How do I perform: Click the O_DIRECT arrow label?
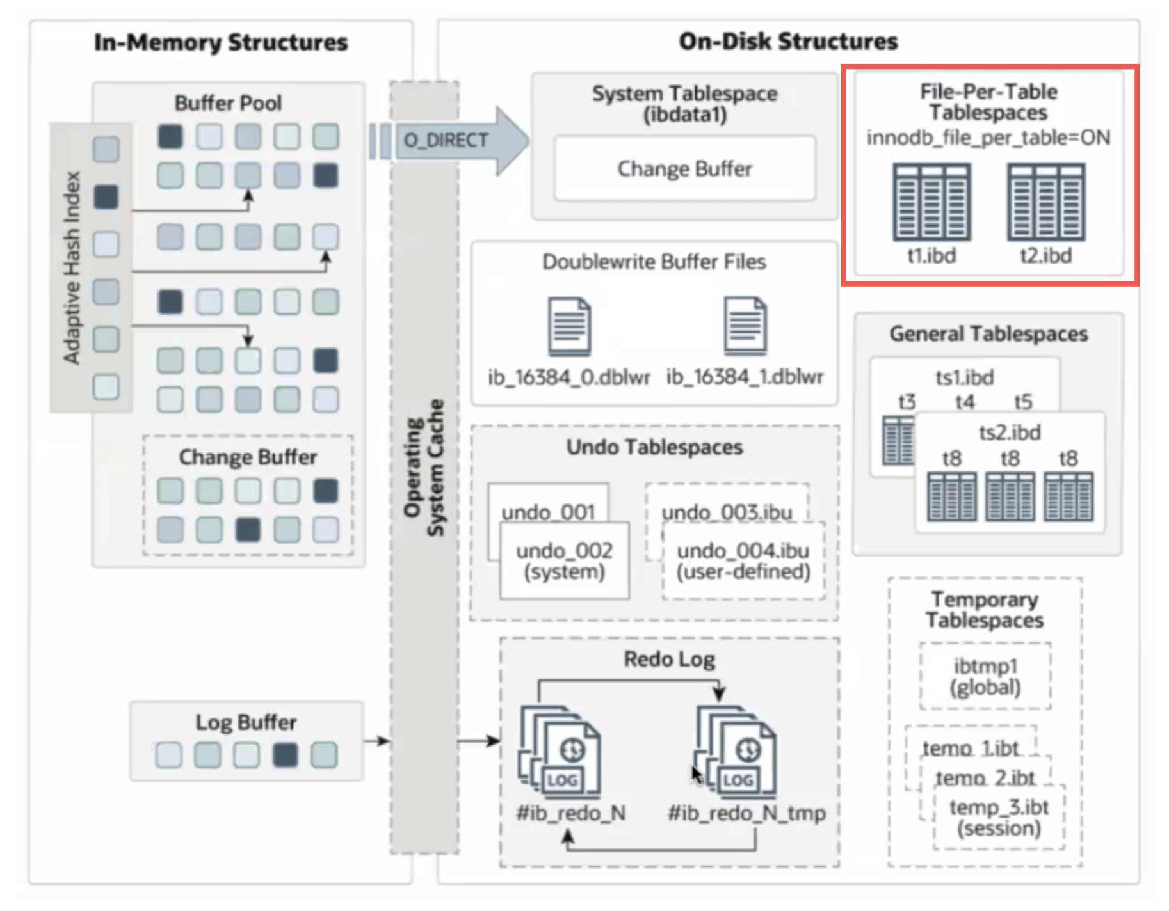(446, 139)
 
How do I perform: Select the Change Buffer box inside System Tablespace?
(684, 168)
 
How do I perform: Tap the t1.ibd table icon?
(931, 202)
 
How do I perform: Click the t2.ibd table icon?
(1045, 202)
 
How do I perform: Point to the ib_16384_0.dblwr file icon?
(569, 326)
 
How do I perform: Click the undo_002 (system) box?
(564, 560)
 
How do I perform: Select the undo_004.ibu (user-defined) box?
(743, 560)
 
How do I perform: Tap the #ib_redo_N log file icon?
(560, 751)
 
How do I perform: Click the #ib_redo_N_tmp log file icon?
(736, 751)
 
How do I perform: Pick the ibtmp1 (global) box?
(985, 676)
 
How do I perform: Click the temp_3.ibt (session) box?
(999, 817)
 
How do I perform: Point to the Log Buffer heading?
(246, 722)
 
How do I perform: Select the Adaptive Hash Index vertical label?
(72, 267)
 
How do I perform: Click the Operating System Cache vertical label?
(424, 468)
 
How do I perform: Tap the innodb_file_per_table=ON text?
(988, 137)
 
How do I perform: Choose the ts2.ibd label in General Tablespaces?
(1010, 432)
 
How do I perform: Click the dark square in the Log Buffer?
(285, 755)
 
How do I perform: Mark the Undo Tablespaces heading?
(654, 447)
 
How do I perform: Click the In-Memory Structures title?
(221, 42)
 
